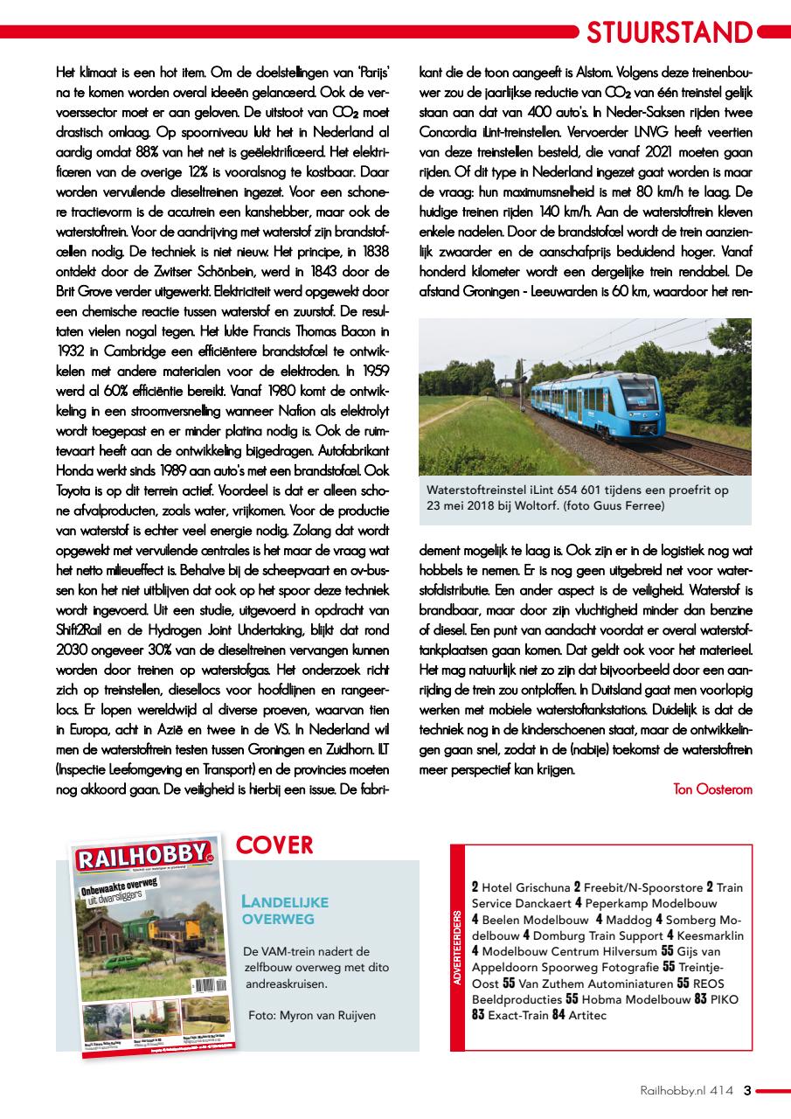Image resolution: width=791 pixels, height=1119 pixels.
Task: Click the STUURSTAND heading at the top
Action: [669, 32]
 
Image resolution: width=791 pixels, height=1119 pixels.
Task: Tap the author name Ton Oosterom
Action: [712, 789]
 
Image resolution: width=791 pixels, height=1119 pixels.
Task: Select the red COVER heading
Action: [274, 845]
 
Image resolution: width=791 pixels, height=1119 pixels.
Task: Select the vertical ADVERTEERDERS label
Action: [457, 947]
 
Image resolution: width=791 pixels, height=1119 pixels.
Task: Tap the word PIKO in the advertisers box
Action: [724, 998]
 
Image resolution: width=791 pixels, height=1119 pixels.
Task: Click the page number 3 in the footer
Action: [747, 1090]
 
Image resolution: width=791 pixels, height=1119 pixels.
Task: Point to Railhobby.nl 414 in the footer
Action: [685, 1090]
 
